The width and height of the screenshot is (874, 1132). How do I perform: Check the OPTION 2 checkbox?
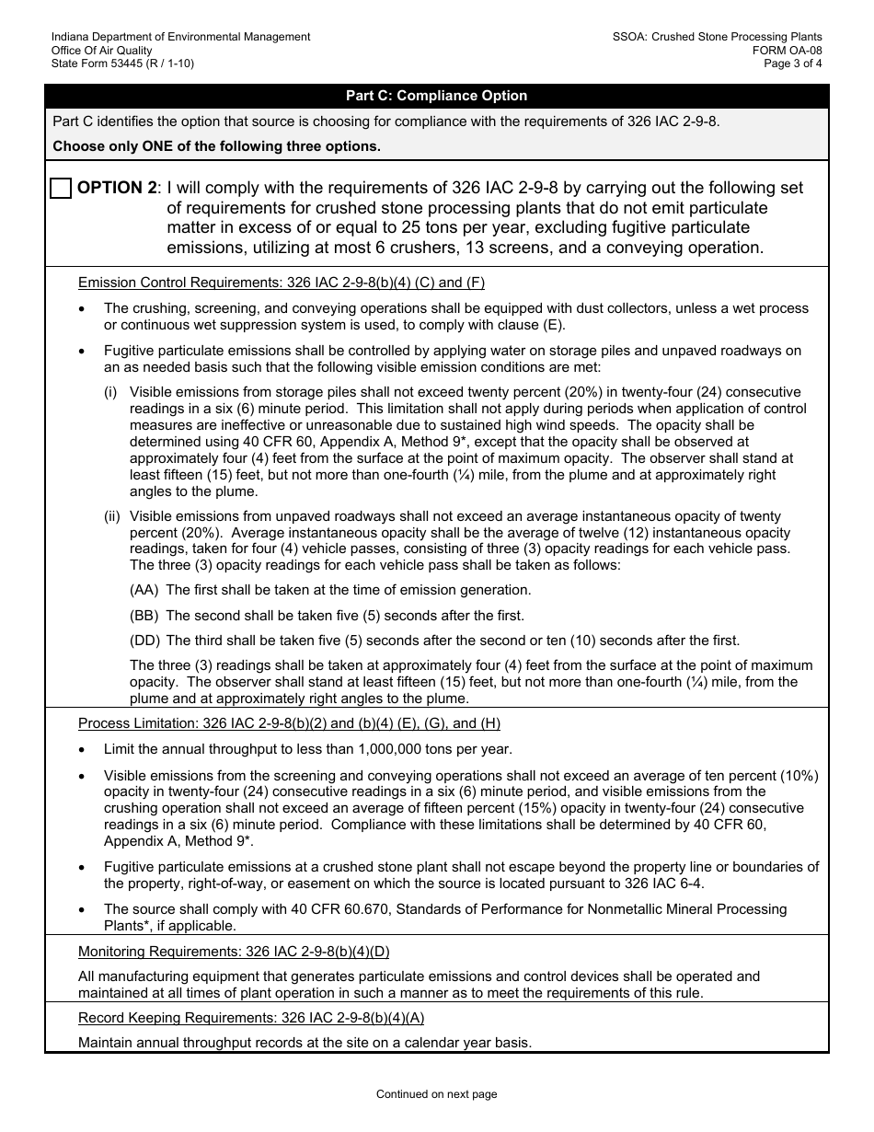pos(61,189)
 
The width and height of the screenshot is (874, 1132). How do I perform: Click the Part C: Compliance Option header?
pos(436,96)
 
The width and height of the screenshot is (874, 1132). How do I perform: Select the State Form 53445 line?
pos(122,64)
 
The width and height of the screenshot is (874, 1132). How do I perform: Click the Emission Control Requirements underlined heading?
pos(282,283)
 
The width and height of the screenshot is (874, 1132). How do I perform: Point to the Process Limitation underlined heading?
pos(289,723)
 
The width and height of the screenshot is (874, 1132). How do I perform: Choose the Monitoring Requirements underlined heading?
pos(234,952)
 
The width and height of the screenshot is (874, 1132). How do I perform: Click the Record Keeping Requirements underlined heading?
pos(251,1018)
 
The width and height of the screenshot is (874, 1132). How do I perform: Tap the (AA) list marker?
pos(144,590)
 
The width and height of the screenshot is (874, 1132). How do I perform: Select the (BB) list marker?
pos(144,616)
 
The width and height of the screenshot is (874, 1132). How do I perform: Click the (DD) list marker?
pos(144,641)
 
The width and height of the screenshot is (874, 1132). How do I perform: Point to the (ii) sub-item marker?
pos(111,516)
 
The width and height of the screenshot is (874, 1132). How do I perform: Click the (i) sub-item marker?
pos(110,392)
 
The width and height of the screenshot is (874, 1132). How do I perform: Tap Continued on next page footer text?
pos(436,1094)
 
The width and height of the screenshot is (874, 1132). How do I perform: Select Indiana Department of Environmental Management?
pos(180,37)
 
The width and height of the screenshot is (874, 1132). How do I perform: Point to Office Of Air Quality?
pos(102,50)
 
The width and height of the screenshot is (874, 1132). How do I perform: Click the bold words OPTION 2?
pos(116,189)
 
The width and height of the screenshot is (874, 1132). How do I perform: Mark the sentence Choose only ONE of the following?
pos(216,146)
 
